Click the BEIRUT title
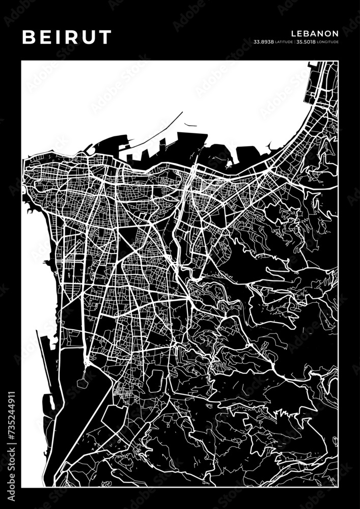click(x=66, y=37)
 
